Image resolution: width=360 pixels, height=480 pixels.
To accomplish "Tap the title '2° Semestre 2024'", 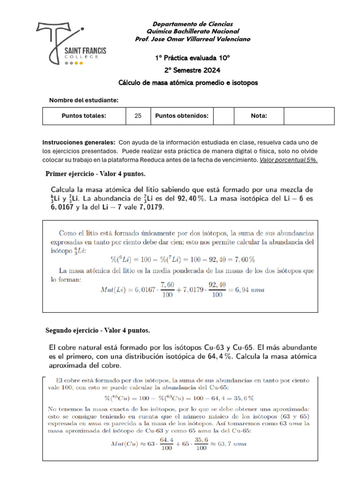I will pyautogui.click(x=192, y=70).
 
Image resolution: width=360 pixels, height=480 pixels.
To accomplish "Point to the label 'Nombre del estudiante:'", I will pyautogui.click(x=84, y=100).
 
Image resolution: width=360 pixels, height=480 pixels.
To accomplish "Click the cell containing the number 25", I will pyautogui.click(x=138, y=116).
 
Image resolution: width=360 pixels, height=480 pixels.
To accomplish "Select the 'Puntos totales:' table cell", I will pyautogui.click(x=84, y=116).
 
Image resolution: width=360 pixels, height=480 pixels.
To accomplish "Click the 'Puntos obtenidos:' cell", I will pyautogui.click(x=181, y=116).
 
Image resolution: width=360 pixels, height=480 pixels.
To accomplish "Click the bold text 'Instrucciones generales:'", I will pyautogui.click(x=79, y=142).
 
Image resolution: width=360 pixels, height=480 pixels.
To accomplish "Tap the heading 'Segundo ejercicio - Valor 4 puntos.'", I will pyautogui.click(x=97, y=330).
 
